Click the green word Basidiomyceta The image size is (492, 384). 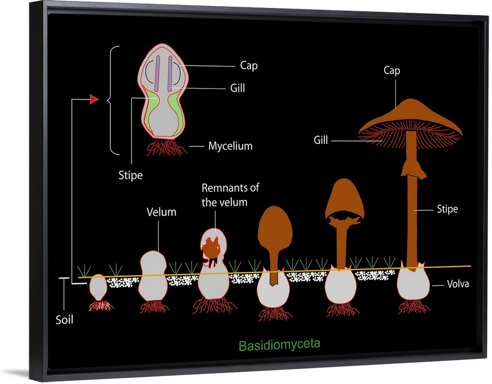(x=279, y=344)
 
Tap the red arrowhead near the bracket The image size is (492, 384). (x=93, y=100)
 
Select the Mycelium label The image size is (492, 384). (x=230, y=146)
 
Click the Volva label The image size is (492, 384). (x=459, y=284)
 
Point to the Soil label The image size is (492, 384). (x=64, y=320)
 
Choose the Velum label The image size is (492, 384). (x=161, y=212)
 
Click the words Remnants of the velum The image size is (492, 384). (x=230, y=195)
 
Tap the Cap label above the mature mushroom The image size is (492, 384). (x=392, y=71)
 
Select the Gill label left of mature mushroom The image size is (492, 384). (x=321, y=141)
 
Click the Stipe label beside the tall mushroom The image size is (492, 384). (x=447, y=209)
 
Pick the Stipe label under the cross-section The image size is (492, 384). (x=130, y=175)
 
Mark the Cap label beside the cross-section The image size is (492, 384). (x=248, y=65)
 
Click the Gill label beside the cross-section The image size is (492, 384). (x=237, y=89)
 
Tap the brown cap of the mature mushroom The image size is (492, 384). (x=410, y=116)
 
